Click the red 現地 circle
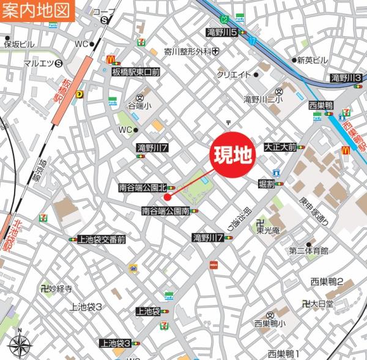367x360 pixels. [232, 156]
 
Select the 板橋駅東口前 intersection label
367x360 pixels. [135, 72]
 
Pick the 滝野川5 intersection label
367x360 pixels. [222, 32]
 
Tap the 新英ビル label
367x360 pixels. [313, 60]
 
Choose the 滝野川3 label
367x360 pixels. [346, 77]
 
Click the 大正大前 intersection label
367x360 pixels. [280, 148]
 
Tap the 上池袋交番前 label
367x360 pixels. [102, 239]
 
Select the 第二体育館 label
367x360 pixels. [309, 250]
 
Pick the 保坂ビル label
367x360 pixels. [19, 44]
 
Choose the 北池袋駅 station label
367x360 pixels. [8, 237]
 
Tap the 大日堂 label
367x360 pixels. [321, 303]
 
